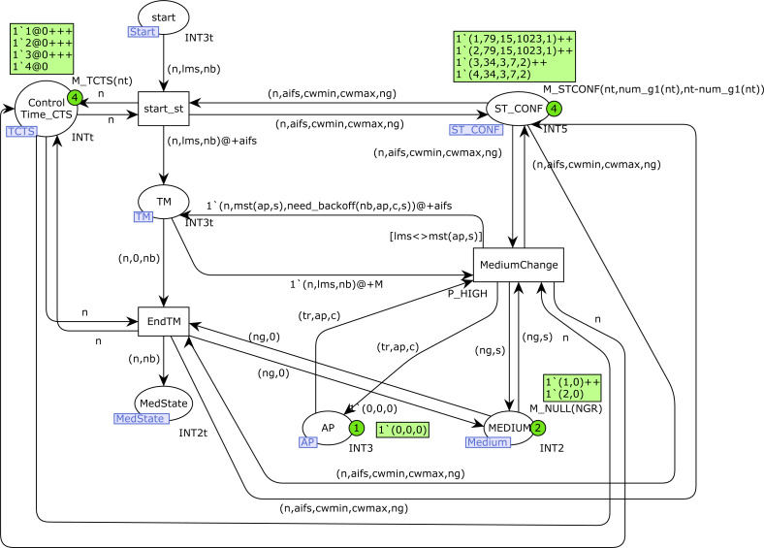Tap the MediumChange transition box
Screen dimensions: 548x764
[x=518, y=264]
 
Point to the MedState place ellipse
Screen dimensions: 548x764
[x=163, y=403]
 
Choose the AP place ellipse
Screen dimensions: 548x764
[x=327, y=428]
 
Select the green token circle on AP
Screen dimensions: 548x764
[x=356, y=427]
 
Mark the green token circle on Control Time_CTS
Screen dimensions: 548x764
[x=74, y=98]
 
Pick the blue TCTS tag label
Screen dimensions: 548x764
[x=20, y=130]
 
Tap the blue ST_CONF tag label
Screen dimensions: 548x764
[x=473, y=129]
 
